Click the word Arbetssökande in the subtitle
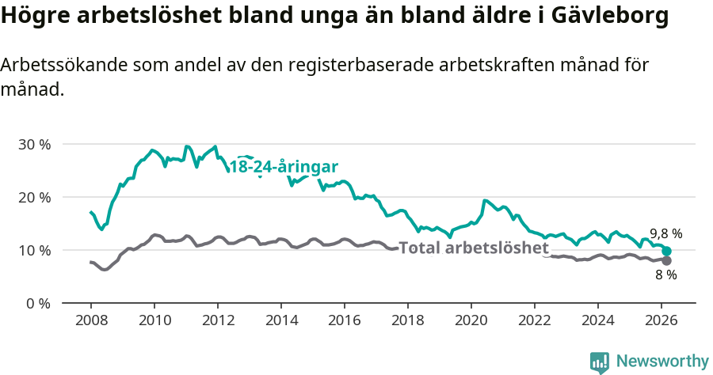59,66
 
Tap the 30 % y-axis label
35,144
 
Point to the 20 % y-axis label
35,197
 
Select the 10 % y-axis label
35,250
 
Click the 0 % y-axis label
39,303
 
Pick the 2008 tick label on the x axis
91,320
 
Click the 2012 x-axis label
218,320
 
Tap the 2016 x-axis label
345,320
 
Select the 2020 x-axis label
471,320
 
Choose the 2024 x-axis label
598,320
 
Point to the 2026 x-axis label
662,320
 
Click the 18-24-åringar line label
284,167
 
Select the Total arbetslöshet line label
474,248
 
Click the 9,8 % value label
666,233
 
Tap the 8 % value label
666,275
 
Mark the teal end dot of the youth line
667,251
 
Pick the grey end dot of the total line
667,261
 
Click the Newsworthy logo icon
600,362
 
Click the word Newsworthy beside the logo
662,362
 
